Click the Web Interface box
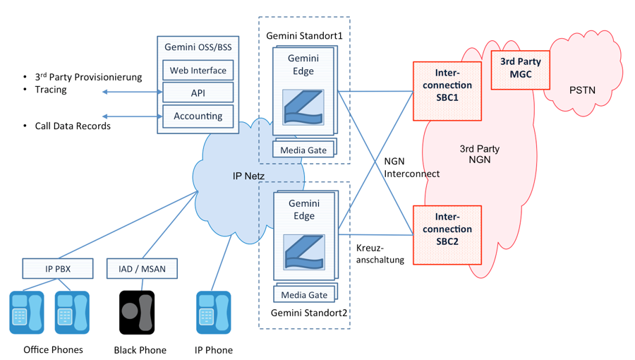coord(198,71)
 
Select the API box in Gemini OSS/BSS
coord(198,93)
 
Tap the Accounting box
coord(198,116)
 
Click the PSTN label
coord(582,90)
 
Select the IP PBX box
coord(57,269)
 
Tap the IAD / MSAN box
coord(142,269)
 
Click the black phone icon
coord(136,312)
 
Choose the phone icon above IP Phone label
coord(213,312)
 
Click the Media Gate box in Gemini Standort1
coord(303,150)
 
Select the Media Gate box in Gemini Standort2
coord(303,294)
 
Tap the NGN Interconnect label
coord(411,167)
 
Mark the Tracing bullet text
coord(51,90)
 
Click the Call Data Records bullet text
coord(73,126)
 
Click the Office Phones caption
coord(53,349)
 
